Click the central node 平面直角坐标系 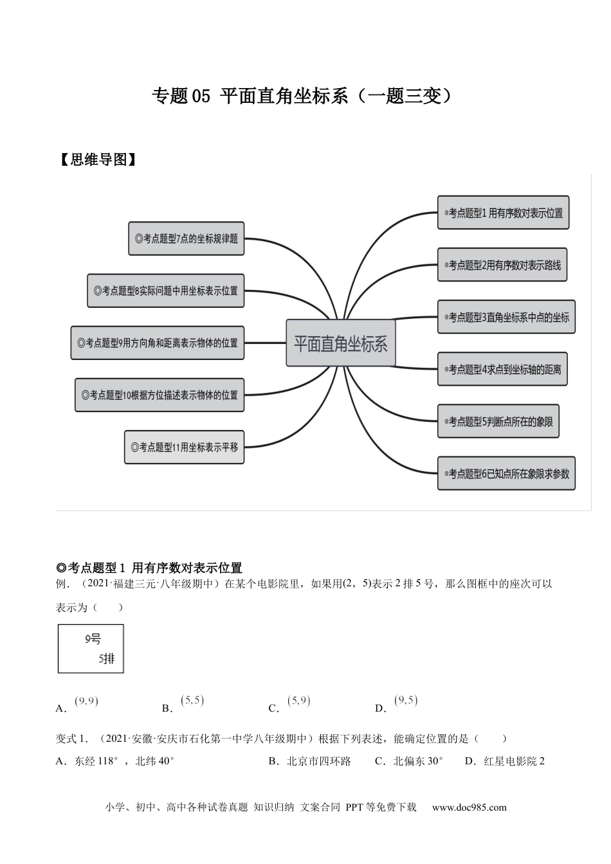tap(340, 343)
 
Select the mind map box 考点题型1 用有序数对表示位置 tap(503, 213)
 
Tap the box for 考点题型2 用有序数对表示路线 tap(502, 265)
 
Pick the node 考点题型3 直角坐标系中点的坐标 tap(506, 317)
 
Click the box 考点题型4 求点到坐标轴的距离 tap(502, 369)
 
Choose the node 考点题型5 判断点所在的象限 tap(498, 421)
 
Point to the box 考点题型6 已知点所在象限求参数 tap(506, 474)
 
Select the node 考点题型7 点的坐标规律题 tap(187, 239)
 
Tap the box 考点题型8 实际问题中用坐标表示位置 tap(166, 291)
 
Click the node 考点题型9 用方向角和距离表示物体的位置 tap(158, 343)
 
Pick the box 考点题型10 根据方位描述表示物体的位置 tap(160, 395)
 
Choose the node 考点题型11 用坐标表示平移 tap(184, 447)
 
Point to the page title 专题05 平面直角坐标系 tap(302, 96)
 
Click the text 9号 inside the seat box tap(93, 639)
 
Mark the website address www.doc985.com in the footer tap(469, 807)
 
